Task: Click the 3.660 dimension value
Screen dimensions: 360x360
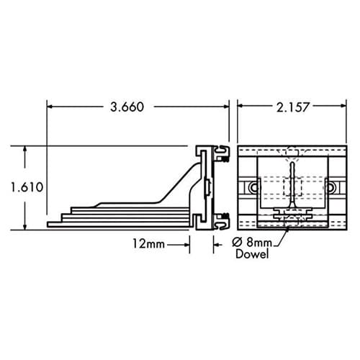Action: (x=127, y=107)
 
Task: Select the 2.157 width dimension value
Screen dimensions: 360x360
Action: (x=292, y=107)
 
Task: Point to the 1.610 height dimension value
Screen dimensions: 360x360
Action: (x=27, y=187)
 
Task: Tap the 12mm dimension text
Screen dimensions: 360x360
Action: (x=149, y=244)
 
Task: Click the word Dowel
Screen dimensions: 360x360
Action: (x=252, y=254)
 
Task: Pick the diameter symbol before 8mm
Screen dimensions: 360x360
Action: (x=237, y=243)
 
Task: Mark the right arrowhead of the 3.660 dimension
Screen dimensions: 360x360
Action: (x=225, y=107)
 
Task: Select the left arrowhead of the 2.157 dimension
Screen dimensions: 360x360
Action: (x=240, y=106)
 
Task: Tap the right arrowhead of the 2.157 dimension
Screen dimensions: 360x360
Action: (x=343, y=106)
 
